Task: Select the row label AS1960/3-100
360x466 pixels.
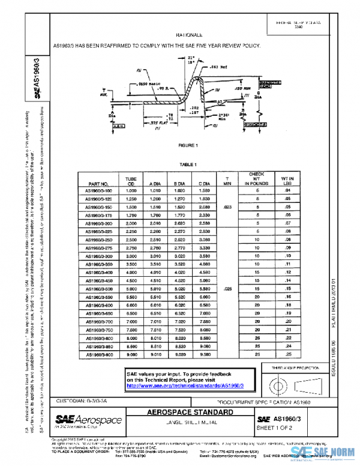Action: (x=98, y=191)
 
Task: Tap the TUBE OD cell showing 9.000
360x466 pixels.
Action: (x=130, y=354)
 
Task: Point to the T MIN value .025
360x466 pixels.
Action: (x=227, y=289)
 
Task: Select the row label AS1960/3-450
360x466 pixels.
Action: (x=98, y=280)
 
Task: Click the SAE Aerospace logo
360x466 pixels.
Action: (x=89, y=420)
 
